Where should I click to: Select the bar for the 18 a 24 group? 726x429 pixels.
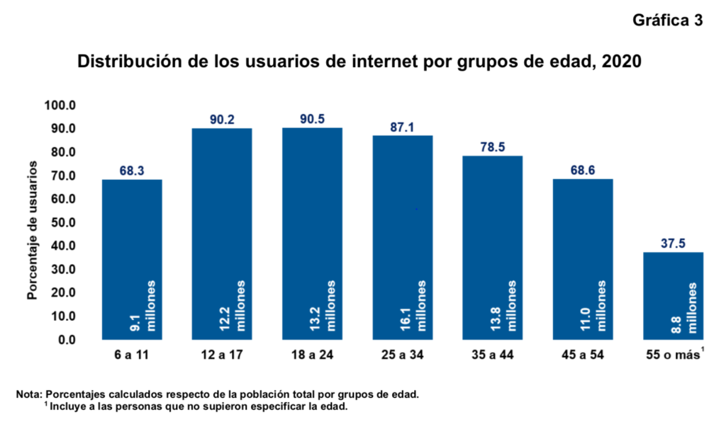tap(312, 234)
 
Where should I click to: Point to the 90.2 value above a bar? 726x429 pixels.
tap(222, 119)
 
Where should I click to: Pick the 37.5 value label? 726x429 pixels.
tap(673, 244)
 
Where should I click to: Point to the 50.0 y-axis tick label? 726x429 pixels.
tap(62, 222)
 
